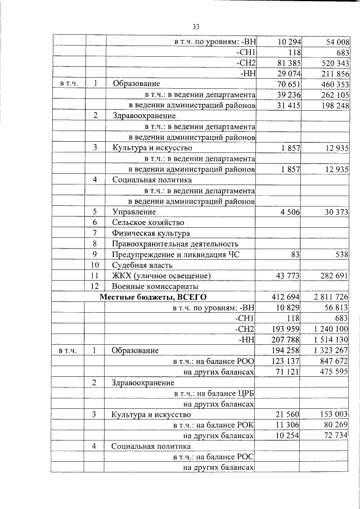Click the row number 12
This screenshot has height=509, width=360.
(95, 286)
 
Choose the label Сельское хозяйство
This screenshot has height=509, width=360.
(148, 222)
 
